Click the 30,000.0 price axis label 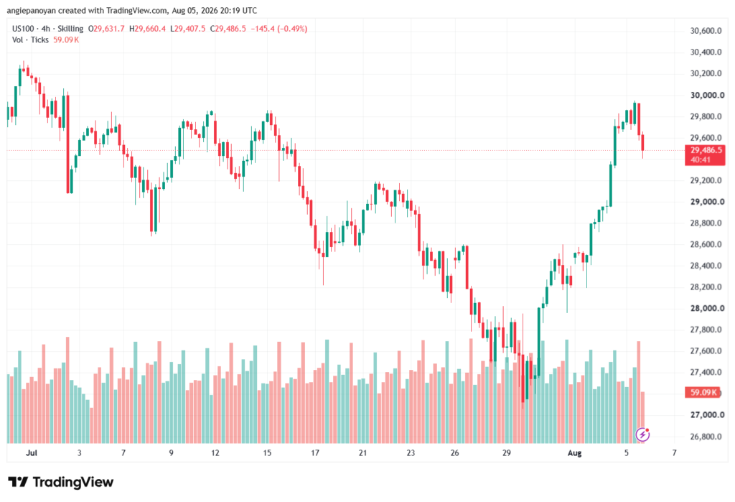pos(707,96)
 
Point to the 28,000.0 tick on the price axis pos(707,308)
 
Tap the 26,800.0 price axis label pos(706,437)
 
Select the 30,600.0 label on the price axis pos(706,31)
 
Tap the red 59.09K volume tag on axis pos(703,392)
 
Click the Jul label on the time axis pos(32,452)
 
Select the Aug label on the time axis pos(575,452)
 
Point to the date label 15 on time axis pos(267,452)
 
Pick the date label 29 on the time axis pos(507,452)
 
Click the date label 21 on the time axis pos(362,452)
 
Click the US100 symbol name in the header pos(23,29)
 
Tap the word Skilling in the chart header pos(70,29)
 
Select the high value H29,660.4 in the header pos(148,29)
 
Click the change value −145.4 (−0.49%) pos(279,29)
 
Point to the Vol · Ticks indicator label pos(30,40)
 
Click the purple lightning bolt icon pos(642,435)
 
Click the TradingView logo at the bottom pos(61,482)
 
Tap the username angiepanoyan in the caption pos(32,10)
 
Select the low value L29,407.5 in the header pos(188,29)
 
